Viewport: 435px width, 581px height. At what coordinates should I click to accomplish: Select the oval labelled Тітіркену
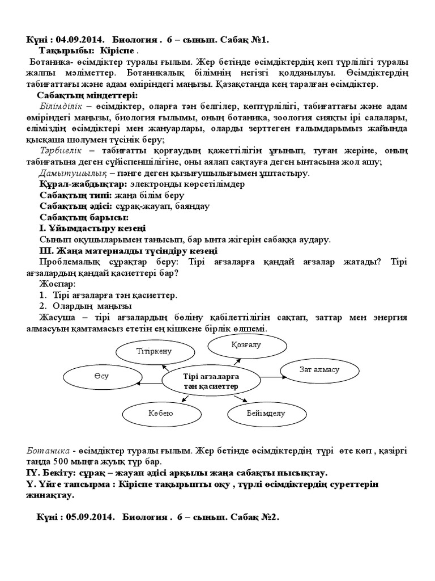pyautogui.click(x=153, y=351)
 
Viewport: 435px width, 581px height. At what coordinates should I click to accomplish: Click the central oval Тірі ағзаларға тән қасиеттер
pyautogui.click(x=211, y=381)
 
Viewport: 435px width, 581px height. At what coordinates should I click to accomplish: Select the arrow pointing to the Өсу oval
pyautogui.click(x=151, y=384)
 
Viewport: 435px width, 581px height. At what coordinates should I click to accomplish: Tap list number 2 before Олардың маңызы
pyautogui.click(x=42, y=306)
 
